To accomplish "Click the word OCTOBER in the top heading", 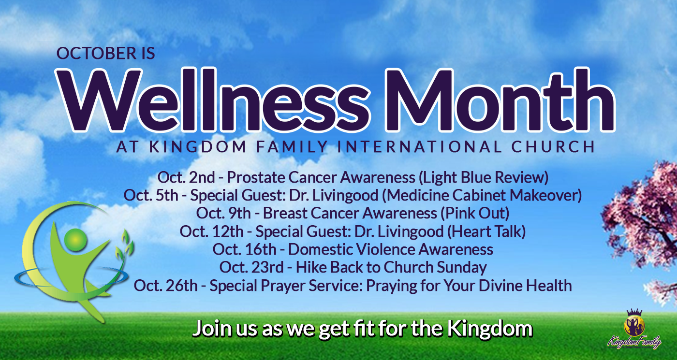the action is (x=96, y=53).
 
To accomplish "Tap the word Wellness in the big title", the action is (x=213, y=101).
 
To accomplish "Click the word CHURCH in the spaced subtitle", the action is (x=553, y=147).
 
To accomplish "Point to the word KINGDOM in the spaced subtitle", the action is (x=198, y=147).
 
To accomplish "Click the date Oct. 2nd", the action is (x=186, y=177).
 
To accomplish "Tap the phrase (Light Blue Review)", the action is (x=484, y=177).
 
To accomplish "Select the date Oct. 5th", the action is (x=151, y=195).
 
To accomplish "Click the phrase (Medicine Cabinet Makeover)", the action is (x=482, y=195).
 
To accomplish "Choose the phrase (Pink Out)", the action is (x=475, y=213).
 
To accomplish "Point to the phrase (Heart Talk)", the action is (x=486, y=231).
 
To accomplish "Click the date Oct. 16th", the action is (x=244, y=249).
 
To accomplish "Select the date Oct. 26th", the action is (x=165, y=286).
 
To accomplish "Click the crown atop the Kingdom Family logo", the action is (x=634, y=312).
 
